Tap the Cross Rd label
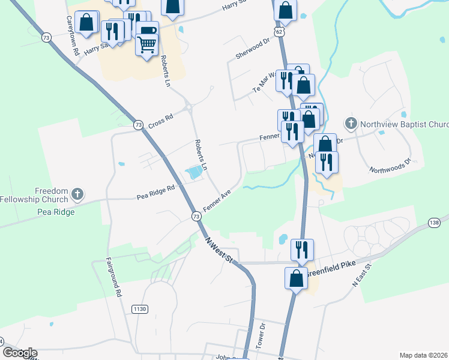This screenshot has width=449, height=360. (x=160, y=118)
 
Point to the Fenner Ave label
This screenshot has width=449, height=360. (x=217, y=200)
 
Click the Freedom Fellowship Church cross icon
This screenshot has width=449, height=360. (x=77, y=194)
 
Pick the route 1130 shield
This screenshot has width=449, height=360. (x=140, y=308)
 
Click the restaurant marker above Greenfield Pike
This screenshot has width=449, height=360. (x=302, y=248)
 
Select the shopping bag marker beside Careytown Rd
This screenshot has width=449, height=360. (x=86, y=22)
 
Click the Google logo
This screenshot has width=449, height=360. (x=20, y=353)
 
